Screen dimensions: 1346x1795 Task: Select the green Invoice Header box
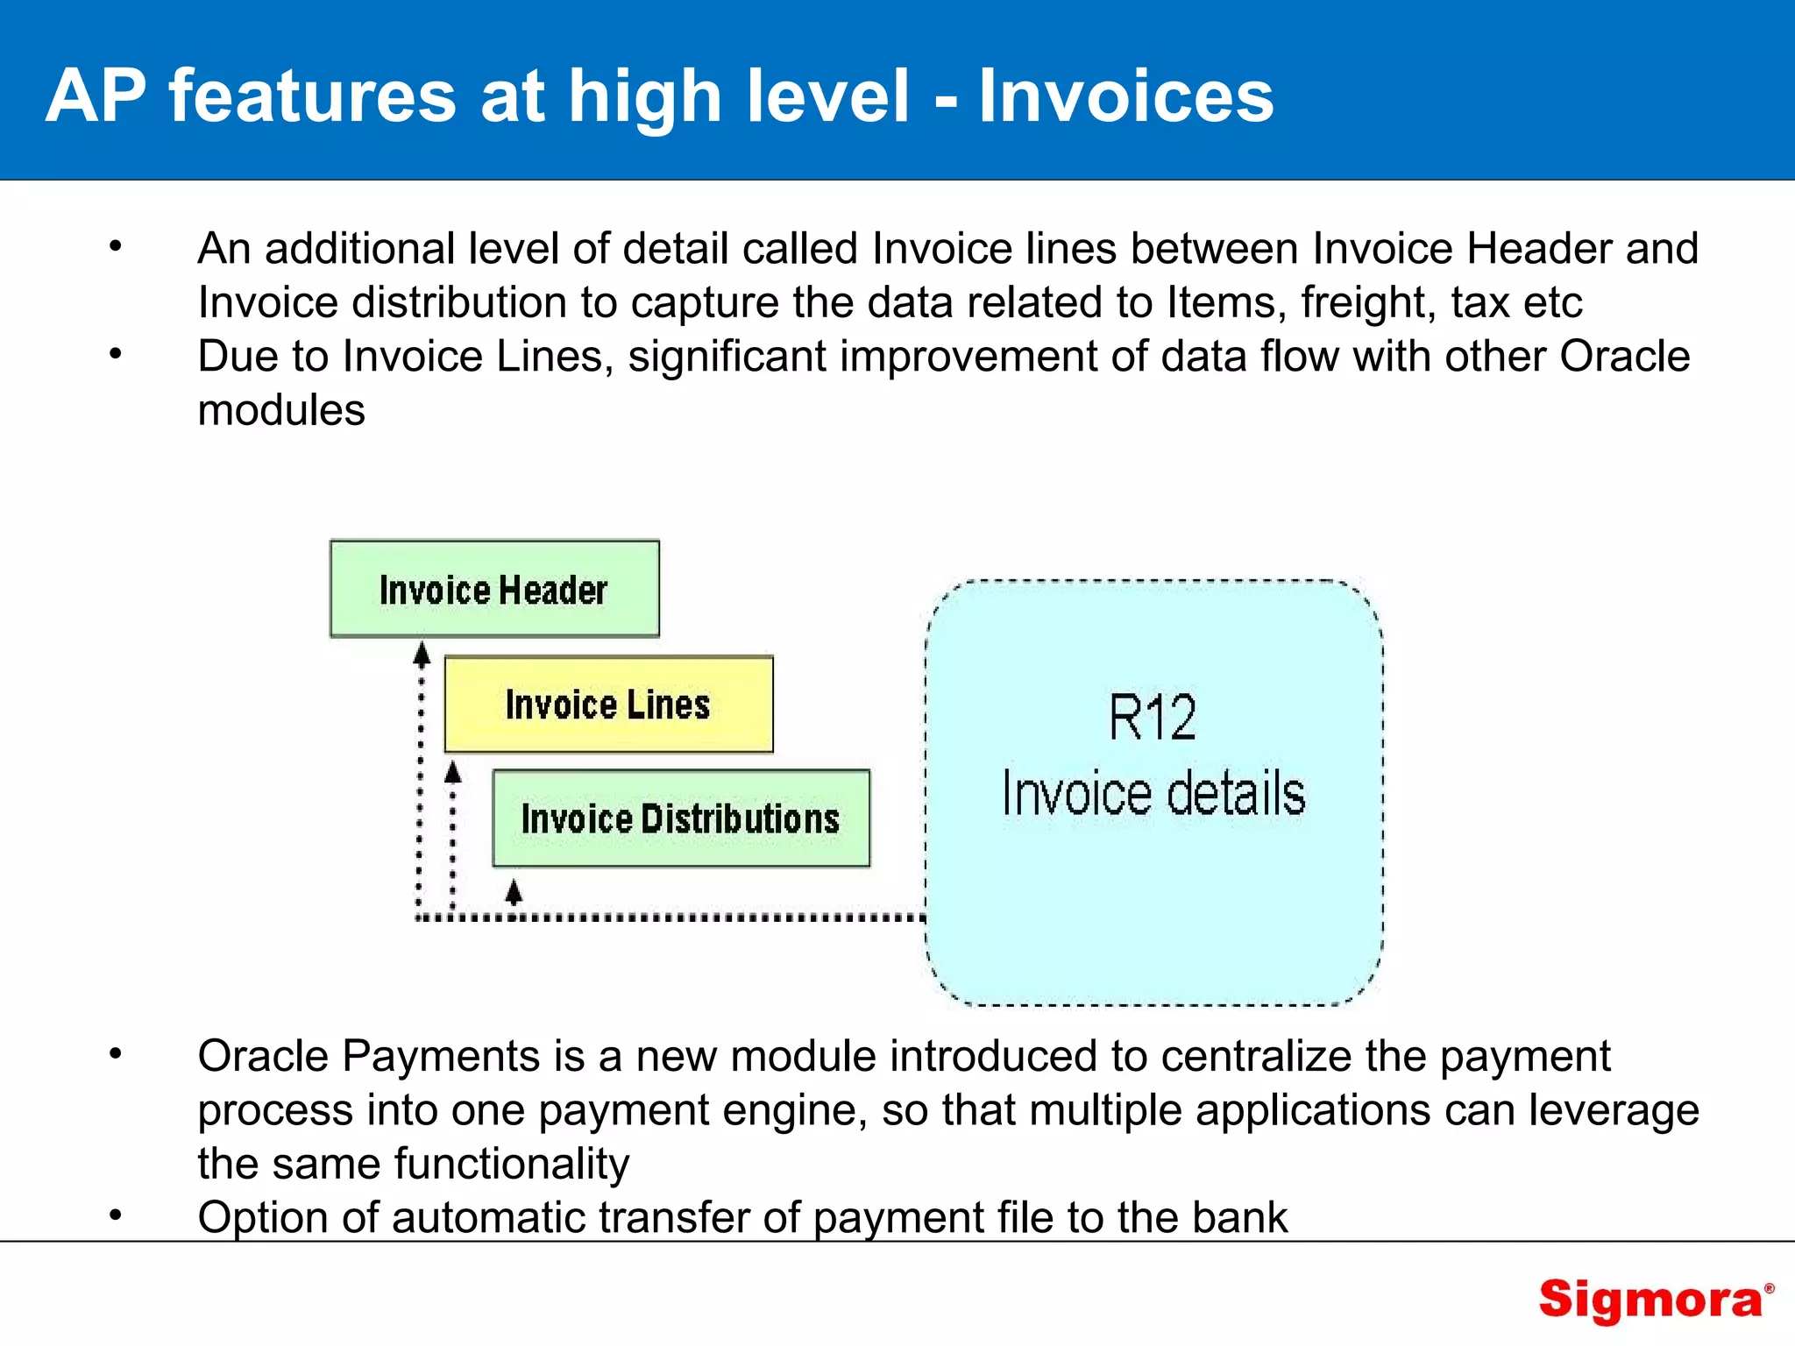point(494,589)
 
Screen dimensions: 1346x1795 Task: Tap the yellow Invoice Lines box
point(608,705)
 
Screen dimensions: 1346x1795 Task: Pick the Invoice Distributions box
point(681,818)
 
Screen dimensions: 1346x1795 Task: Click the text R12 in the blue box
point(1152,718)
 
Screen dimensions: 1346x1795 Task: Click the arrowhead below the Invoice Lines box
point(452,772)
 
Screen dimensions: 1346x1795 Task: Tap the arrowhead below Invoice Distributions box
point(514,892)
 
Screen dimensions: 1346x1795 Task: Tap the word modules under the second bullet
point(281,410)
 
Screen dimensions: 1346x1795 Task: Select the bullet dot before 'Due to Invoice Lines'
point(116,354)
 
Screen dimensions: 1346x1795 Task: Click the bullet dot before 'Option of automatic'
point(116,1215)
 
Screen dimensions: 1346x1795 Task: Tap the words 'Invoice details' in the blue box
point(1153,793)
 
